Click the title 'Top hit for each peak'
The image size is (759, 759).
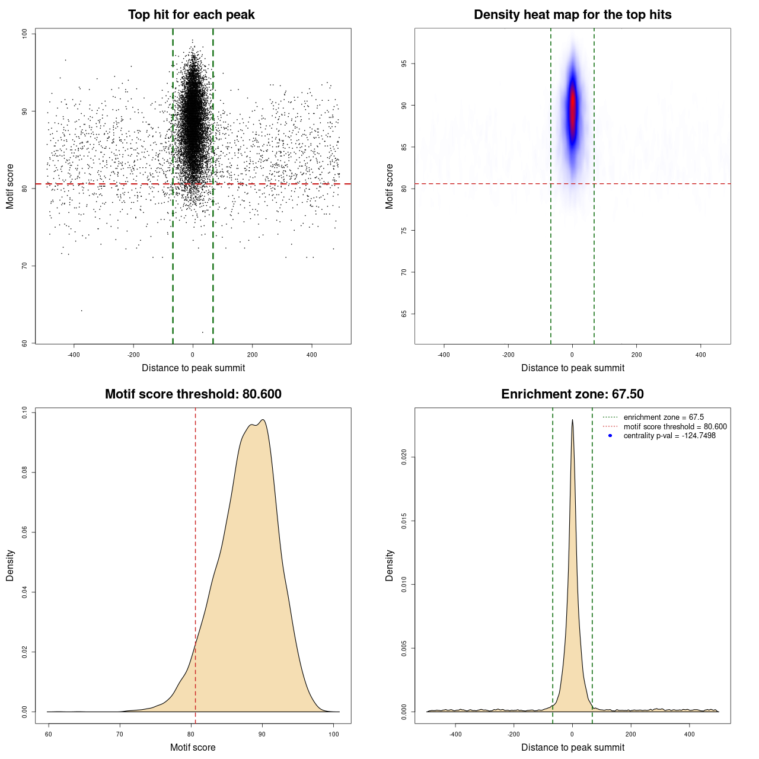pos(192,15)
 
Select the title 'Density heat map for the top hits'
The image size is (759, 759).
pos(572,15)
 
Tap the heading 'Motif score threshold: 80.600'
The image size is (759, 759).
pos(193,394)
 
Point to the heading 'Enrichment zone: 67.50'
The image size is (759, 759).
pos(572,394)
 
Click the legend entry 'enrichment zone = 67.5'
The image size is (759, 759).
pos(664,417)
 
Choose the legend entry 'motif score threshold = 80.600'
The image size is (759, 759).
pos(675,426)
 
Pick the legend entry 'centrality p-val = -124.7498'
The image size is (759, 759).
pos(669,436)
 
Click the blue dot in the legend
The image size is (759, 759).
pos(610,436)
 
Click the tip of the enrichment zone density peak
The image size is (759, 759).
pos(572,420)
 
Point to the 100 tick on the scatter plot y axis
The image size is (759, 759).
pos(25,34)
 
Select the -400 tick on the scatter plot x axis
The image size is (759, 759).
pos(74,355)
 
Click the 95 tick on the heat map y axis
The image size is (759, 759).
pos(404,63)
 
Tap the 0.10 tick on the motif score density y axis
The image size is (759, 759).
pos(25,412)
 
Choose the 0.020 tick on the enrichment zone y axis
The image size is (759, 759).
pos(404,457)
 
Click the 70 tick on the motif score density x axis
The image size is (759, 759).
pos(120,734)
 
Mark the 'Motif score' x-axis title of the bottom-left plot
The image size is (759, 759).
pos(193,747)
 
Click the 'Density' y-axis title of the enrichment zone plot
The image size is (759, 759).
pos(390,565)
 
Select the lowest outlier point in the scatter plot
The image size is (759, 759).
pos(203,332)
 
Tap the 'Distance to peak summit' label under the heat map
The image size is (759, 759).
pos(572,368)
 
